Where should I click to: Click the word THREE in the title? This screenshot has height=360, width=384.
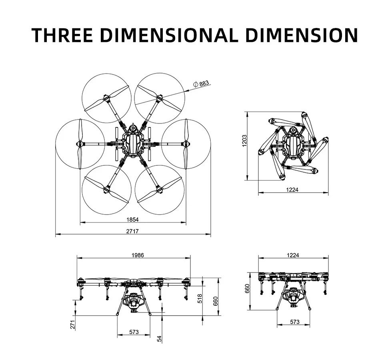(62, 35)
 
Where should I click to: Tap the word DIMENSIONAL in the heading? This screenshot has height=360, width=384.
(169, 35)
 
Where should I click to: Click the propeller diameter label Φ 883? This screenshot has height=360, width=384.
(201, 84)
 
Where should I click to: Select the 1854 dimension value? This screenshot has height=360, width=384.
(132, 220)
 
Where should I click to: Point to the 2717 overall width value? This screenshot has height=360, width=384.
(132, 231)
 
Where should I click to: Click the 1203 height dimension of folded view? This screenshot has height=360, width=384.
(245, 141)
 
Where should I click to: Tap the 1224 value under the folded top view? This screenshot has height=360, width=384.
(292, 190)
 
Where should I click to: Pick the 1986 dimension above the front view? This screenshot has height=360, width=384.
(138, 255)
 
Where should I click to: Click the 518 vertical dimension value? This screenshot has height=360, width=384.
(200, 298)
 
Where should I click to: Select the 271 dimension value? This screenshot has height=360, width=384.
(73, 324)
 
